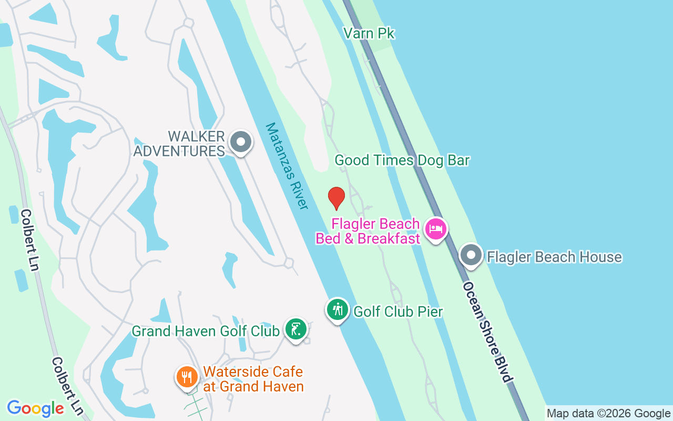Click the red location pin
point(336,198)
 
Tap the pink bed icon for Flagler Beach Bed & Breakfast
point(436,229)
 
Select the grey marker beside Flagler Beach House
point(471,255)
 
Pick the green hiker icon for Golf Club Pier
point(338,310)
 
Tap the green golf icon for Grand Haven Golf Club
point(296,329)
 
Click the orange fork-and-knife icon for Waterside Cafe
point(187,377)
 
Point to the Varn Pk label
point(369,34)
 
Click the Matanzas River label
point(287,166)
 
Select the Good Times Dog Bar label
point(402,160)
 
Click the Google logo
point(35,408)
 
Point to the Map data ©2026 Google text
point(608,414)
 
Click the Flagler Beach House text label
point(554,257)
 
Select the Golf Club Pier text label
point(398,312)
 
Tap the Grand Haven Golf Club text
point(206,331)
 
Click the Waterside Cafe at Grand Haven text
point(253,379)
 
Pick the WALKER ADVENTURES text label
point(179,144)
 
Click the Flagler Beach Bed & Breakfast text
point(368,231)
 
